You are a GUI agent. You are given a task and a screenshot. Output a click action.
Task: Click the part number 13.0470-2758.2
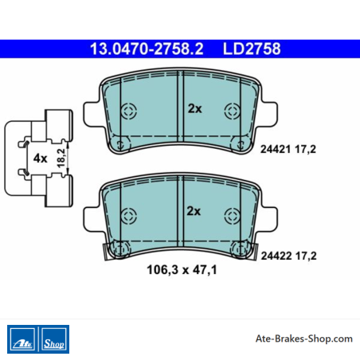[147, 49]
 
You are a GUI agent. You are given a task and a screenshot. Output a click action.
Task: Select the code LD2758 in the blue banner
[252, 49]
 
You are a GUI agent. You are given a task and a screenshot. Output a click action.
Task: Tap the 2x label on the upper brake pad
[195, 108]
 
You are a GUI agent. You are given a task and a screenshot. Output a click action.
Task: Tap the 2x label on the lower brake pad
[194, 211]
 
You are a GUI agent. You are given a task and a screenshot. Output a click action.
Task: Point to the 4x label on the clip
[40, 158]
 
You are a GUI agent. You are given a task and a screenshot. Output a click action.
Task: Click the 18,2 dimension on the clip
[61, 158]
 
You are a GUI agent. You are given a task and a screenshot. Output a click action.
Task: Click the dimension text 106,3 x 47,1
[182, 270]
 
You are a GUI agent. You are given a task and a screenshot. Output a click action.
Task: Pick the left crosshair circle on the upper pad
[129, 111]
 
